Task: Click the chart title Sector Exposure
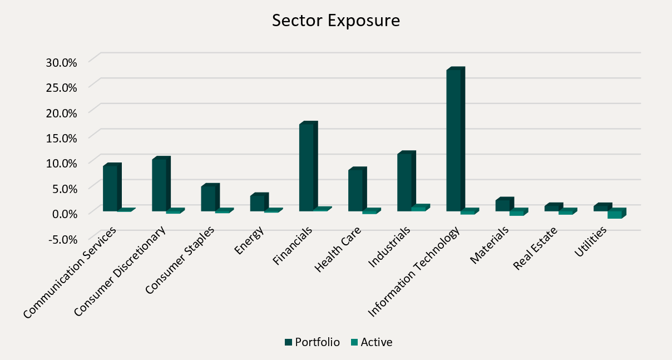coord(336,21)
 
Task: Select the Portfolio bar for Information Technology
coord(454,140)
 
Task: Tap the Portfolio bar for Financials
coord(307,167)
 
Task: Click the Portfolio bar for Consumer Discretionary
coord(159,185)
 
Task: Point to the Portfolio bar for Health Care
coord(355,190)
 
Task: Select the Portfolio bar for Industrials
coord(404,182)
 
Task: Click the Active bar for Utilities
coord(615,214)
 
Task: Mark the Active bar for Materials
coord(517,213)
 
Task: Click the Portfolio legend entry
coord(312,342)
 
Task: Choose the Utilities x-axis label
coord(590,243)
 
